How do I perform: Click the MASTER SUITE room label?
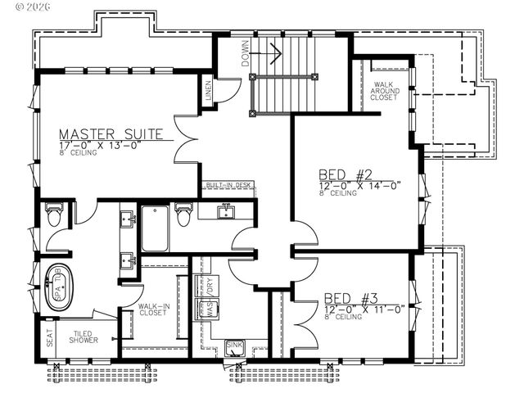pos(111,133)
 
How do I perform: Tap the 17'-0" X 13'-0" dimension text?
pos(100,146)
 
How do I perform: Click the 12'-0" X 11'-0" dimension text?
pos(364,309)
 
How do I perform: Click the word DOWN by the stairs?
pos(245,53)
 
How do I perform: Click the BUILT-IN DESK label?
pos(229,186)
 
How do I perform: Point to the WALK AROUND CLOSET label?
pos(386,90)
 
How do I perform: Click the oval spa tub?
pos(58,287)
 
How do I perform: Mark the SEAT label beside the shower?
pos(49,338)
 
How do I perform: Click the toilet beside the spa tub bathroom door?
pos(54,215)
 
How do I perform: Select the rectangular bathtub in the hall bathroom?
pos(156,228)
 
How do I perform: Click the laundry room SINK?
pos(234,348)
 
